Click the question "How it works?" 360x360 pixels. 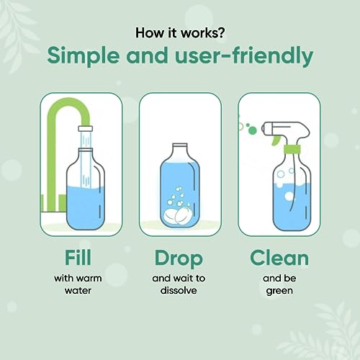pyautogui.click(x=179, y=33)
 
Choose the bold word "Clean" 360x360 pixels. pyautogui.click(x=279, y=258)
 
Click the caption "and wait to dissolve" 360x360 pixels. pyautogui.click(x=179, y=284)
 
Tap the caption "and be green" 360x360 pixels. pyautogui.click(x=279, y=284)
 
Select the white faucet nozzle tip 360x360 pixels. pyautogui.click(x=85, y=134)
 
